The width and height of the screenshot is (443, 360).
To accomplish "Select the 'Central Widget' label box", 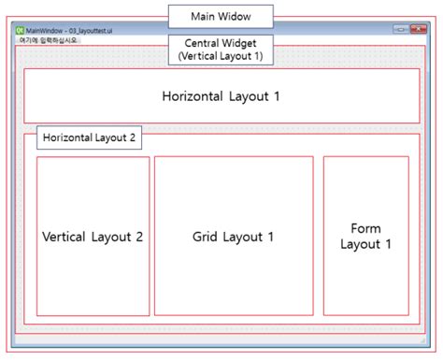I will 221,49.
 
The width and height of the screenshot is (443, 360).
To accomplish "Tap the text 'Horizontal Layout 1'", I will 221,96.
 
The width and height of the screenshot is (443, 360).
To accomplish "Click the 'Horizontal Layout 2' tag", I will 89,137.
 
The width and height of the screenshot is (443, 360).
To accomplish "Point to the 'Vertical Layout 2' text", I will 93,237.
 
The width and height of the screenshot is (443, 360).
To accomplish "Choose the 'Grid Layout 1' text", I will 233,237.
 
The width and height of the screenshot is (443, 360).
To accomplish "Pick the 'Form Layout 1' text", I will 365,237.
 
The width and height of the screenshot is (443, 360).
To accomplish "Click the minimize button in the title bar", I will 399,30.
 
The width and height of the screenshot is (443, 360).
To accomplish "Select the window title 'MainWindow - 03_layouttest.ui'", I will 70,31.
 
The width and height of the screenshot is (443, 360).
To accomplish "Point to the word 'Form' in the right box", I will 366,228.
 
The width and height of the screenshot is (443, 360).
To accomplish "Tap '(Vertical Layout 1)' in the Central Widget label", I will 221,55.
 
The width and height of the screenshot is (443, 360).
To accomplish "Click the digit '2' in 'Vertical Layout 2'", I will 138,237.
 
